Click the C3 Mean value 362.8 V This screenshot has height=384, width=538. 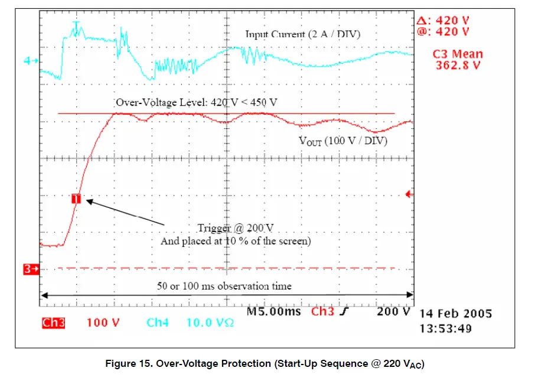pyautogui.click(x=458, y=65)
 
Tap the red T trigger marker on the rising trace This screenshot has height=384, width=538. pyautogui.click(x=76, y=199)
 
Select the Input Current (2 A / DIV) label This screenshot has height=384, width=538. pyautogui.click(x=302, y=34)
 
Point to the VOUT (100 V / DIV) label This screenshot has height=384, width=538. pyautogui.click(x=343, y=141)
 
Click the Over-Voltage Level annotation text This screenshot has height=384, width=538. pyautogui.click(x=196, y=102)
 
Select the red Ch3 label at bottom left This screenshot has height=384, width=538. pyautogui.click(x=53, y=323)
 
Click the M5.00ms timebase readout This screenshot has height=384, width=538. pyautogui.click(x=273, y=311)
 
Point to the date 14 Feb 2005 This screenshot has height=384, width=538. pyautogui.click(x=455, y=314)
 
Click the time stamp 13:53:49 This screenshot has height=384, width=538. pyautogui.click(x=446, y=328)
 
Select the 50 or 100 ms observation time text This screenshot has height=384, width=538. pyautogui.click(x=224, y=286)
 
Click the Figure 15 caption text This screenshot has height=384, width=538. pyautogui.click(x=265, y=364)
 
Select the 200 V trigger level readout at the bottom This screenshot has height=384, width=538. pyautogui.click(x=393, y=311)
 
